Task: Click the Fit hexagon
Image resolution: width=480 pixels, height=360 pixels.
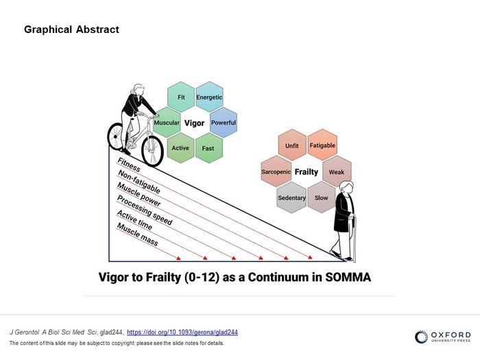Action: click(181, 97)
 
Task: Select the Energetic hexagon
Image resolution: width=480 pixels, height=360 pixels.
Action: click(209, 97)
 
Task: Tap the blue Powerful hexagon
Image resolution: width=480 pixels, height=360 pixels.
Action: click(223, 123)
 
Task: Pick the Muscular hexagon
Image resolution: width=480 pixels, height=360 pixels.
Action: click(167, 123)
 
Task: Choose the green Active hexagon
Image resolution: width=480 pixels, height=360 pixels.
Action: click(180, 148)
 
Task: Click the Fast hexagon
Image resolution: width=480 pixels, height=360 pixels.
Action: click(208, 148)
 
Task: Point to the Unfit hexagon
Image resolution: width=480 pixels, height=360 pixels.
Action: click(291, 146)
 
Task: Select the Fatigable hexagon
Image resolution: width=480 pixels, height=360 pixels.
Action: click(322, 145)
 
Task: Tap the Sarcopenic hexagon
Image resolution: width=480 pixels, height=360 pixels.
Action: click(276, 171)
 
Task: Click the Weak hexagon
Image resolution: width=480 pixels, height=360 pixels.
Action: click(337, 171)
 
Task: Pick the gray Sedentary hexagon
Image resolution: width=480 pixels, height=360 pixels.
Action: click(291, 197)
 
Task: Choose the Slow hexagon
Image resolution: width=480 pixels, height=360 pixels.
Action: click(321, 197)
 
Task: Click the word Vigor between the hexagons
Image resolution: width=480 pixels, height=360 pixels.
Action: click(195, 123)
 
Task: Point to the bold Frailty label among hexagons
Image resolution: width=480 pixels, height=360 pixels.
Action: click(307, 172)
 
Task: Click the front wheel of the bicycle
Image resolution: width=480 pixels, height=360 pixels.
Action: click(152, 146)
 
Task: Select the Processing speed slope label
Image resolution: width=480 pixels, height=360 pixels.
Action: click(144, 211)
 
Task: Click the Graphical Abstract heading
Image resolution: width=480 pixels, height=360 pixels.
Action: click(71, 29)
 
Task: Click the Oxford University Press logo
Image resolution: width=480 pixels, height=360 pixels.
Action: click(442, 336)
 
